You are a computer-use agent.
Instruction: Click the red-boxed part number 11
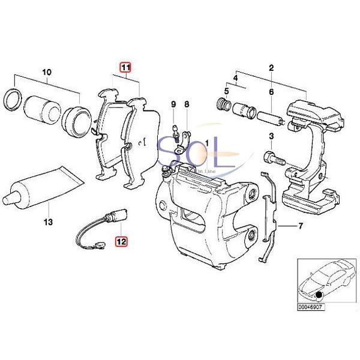pos(125,68)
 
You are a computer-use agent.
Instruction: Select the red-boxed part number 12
pos(122,242)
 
